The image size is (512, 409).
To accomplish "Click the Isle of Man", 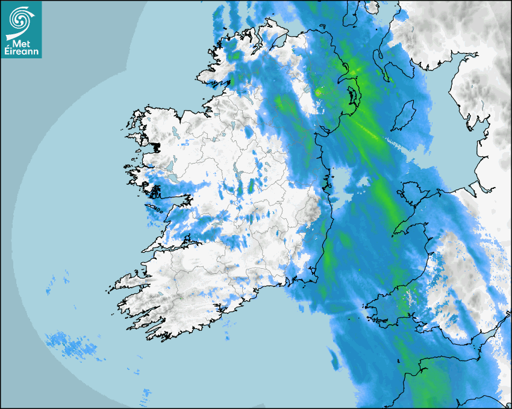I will pyautogui.click(x=404, y=116).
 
